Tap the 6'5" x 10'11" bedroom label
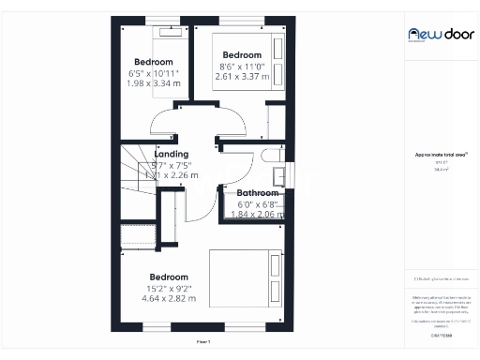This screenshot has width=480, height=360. [153, 62]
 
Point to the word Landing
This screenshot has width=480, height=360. [172, 154]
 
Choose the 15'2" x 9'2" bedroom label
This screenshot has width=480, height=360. [169, 277]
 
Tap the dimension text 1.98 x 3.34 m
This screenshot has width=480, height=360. [152, 83]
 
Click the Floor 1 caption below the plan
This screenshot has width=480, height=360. [202, 342]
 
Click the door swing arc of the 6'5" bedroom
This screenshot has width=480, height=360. [168, 123]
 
